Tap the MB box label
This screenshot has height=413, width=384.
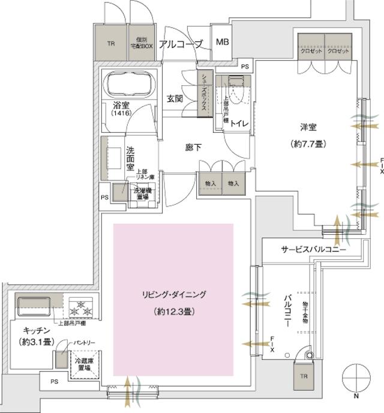click(223, 43)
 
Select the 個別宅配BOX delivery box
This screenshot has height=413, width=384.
click(141, 43)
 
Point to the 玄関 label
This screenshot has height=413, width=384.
click(175, 99)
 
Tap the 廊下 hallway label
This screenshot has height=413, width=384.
click(192, 145)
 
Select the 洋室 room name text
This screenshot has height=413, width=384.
click(309, 127)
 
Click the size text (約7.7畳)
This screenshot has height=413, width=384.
click(308, 145)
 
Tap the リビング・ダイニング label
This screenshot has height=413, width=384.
click(174, 295)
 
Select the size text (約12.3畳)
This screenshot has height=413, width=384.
click(174, 312)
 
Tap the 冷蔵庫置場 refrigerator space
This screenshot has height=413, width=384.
click(83, 364)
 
